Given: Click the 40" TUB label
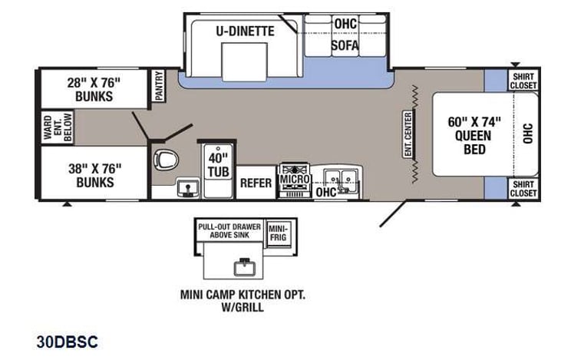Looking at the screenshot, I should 214,161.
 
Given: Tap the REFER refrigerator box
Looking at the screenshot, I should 256,183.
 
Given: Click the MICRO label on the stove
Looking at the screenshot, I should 294,179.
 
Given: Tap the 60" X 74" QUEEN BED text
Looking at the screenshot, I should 474,134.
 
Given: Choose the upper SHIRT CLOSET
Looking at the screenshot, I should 523,80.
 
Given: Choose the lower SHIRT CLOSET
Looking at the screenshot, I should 523,188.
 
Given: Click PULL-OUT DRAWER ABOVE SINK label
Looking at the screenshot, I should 229,231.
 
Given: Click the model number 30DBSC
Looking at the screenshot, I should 67,341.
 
